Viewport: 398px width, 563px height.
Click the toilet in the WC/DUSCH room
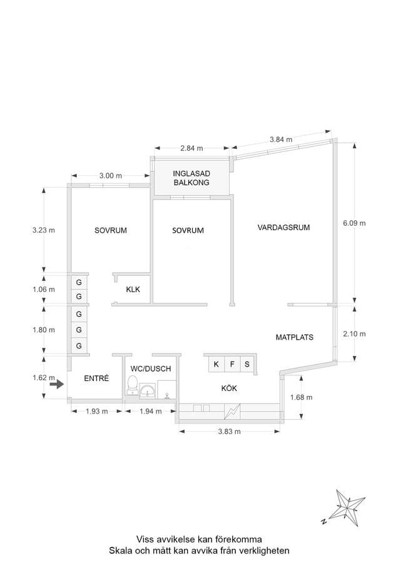click(132, 385)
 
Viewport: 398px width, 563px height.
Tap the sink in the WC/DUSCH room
click(148, 390)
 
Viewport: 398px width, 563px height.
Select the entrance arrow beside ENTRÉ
click(56, 385)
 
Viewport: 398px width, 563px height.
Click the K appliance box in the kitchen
click(217, 365)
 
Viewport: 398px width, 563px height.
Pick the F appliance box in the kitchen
click(232, 365)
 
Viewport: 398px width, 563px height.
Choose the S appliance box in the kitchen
click(247, 365)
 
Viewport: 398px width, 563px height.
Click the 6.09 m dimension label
click(354, 223)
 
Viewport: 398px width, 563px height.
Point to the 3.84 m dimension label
click(281, 139)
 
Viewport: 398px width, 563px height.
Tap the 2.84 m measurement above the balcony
click(191, 148)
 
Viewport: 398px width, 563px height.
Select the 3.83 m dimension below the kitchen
click(229, 432)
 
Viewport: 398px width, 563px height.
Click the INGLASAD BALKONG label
click(191, 178)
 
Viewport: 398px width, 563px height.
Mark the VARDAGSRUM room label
click(283, 227)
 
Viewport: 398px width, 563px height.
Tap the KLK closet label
click(133, 290)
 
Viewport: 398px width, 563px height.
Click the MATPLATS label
click(295, 337)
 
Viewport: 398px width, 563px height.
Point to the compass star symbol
click(346, 507)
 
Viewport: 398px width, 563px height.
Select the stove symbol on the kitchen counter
click(232, 412)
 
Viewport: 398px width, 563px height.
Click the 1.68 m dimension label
click(301, 397)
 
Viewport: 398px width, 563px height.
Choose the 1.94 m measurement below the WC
click(151, 412)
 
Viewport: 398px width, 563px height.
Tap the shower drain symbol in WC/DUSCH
click(166, 395)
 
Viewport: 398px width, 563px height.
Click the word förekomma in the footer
click(238, 539)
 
